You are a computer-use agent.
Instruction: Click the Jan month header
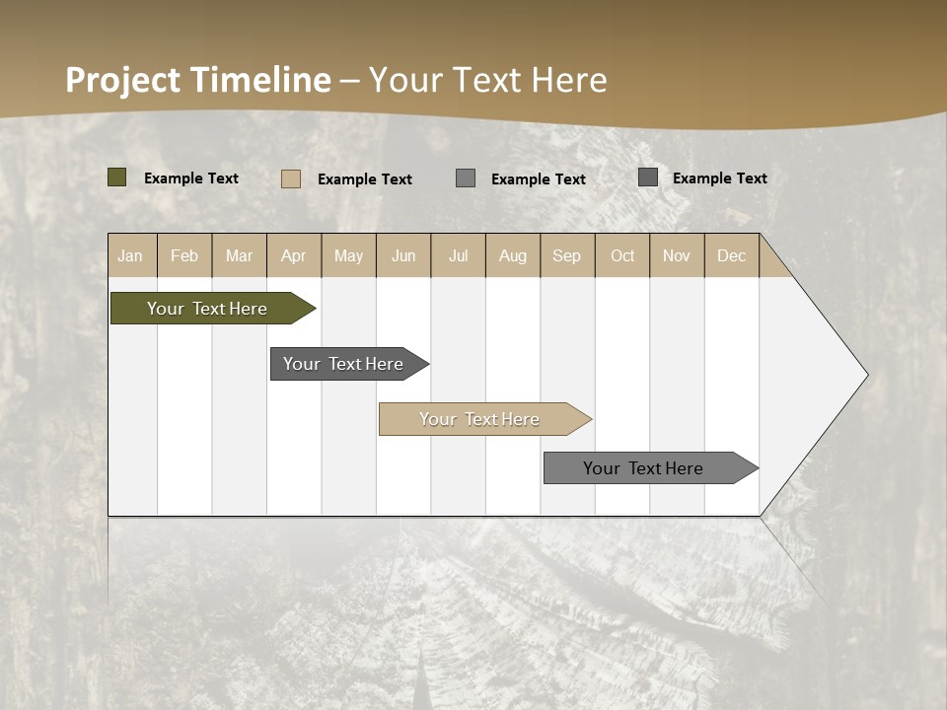pyautogui.click(x=130, y=255)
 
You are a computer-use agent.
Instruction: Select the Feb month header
pyautogui.click(x=184, y=255)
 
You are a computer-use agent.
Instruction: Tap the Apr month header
pyautogui.click(x=293, y=255)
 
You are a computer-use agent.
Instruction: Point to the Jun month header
pyautogui.click(x=403, y=255)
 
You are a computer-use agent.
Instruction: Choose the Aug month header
pyautogui.click(x=512, y=255)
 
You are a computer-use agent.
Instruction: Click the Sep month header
pyautogui.click(x=566, y=255)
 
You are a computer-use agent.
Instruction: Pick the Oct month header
pyautogui.click(x=622, y=255)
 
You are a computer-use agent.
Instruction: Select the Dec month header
pyautogui.click(x=731, y=255)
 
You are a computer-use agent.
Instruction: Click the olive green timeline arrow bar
pyautogui.click(x=207, y=309)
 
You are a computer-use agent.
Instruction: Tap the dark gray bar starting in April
pyautogui.click(x=343, y=364)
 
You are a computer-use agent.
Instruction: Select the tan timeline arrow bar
pyautogui.click(x=479, y=419)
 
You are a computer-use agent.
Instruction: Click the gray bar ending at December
pyautogui.click(x=643, y=468)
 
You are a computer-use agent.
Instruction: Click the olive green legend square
pyautogui.click(x=117, y=177)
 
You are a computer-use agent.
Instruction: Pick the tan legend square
pyautogui.click(x=291, y=178)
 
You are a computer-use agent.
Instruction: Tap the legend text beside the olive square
pyautogui.click(x=191, y=178)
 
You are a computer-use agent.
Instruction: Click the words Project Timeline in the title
pyautogui.click(x=197, y=80)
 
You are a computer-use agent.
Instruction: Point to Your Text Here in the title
pyautogui.click(x=487, y=80)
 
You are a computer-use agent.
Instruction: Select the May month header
pyautogui.click(x=348, y=255)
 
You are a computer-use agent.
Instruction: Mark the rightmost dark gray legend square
pyautogui.click(x=648, y=177)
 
